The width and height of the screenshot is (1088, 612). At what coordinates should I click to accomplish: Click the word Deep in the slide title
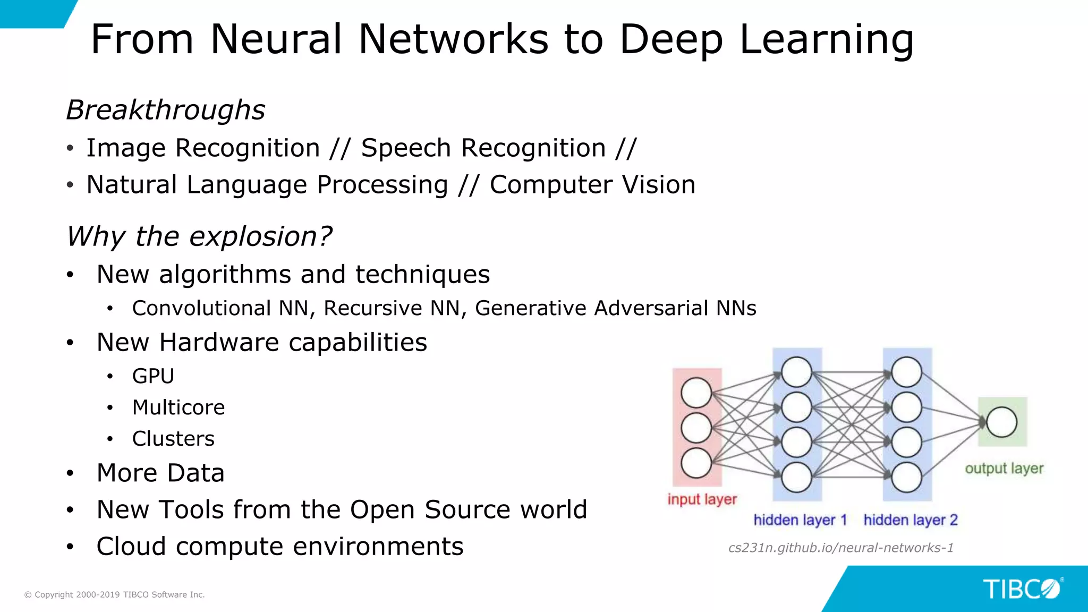[x=671, y=40]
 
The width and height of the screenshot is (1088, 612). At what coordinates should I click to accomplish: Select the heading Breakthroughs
[x=165, y=110]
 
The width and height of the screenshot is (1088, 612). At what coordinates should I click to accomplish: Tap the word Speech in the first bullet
[x=406, y=148]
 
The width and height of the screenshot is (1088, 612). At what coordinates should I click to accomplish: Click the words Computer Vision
[x=592, y=185]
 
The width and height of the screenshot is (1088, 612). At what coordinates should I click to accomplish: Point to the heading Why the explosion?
[x=199, y=236]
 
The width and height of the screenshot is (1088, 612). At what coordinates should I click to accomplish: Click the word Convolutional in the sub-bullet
[x=201, y=308]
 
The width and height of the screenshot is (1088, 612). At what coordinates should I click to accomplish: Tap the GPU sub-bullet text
[x=153, y=376]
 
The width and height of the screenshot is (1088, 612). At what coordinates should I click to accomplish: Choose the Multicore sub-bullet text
[x=178, y=407]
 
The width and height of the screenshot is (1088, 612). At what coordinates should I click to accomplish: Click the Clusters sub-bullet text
[x=173, y=439]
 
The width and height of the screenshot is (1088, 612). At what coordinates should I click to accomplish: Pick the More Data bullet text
[x=160, y=473]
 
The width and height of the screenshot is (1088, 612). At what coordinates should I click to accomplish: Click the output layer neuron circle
[x=1002, y=422]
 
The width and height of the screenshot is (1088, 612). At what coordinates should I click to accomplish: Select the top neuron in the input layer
[x=696, y=393]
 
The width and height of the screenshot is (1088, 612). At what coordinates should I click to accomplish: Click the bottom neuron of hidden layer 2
[x=906, y=477]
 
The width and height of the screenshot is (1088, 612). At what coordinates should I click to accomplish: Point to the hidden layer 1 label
[x=800, y=520]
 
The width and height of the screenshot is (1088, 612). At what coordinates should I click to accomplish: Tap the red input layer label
[x=702, y=499]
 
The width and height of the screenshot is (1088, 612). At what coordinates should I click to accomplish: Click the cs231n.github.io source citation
[x=840, y=548]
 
